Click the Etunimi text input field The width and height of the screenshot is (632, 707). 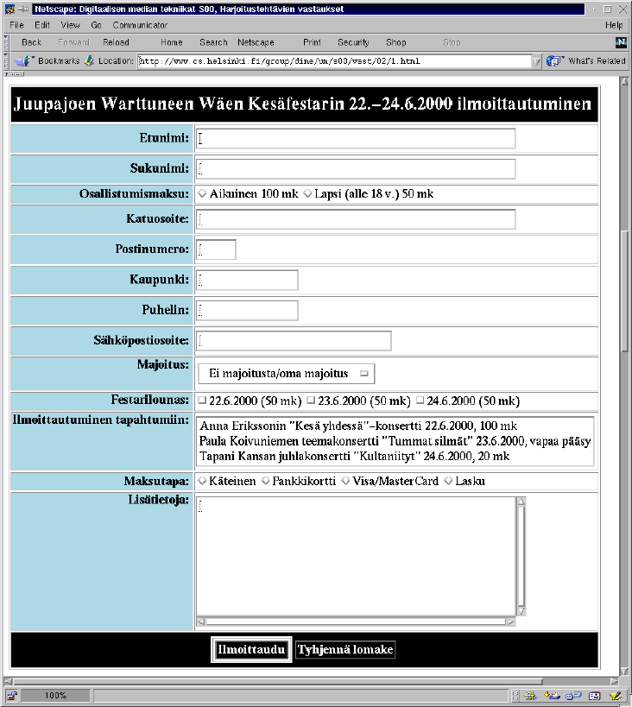point(356,138)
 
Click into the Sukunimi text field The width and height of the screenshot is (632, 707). point(356,168)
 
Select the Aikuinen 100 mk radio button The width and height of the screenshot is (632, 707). point(203,194)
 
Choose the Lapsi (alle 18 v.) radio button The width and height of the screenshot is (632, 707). point(307,194)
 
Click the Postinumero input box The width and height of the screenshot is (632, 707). point(216,249)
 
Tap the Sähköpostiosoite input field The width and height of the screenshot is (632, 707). point(294,340)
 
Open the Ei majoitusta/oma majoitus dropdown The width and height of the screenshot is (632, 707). point(286,373)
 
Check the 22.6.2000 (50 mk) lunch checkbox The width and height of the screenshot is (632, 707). point(202,401)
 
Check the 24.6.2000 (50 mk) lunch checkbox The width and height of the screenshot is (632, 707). point(420,401)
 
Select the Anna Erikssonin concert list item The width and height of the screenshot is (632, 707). point(357,426)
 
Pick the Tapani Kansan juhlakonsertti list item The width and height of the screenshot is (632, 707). point(354,456)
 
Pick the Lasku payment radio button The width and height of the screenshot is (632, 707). point(448,481)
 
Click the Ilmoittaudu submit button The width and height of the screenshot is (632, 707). point(250,650)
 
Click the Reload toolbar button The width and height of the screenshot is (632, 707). point(116,42)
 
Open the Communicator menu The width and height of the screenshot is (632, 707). point(140,25)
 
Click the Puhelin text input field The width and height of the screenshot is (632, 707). point(247,310)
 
